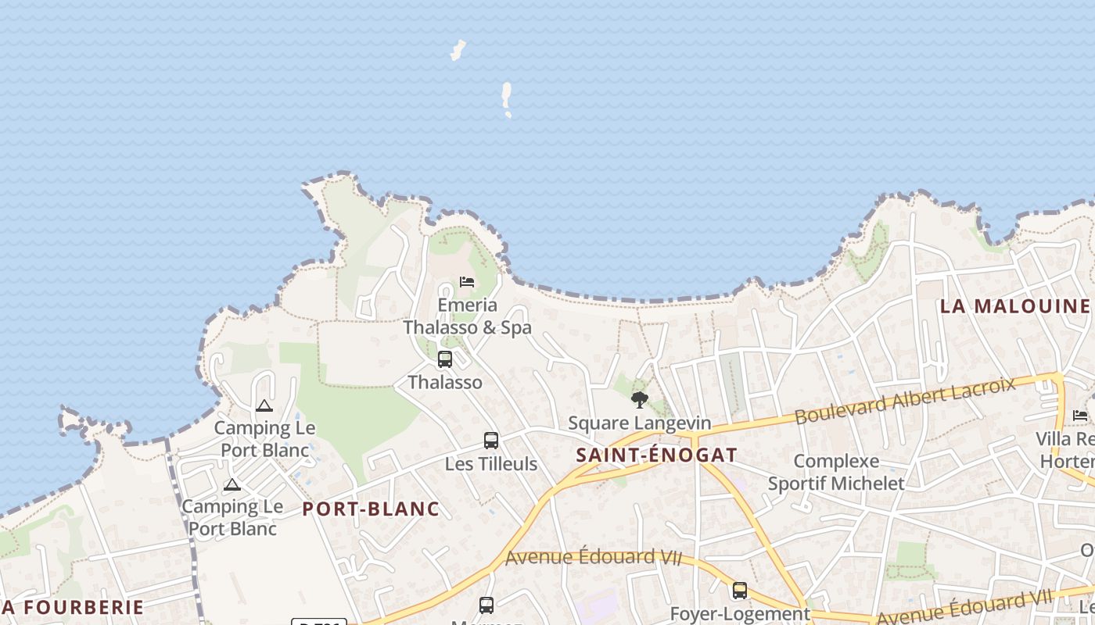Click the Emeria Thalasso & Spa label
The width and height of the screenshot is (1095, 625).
click(x=467, y=316)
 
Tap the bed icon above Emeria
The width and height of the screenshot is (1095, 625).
click(x=467, y=281)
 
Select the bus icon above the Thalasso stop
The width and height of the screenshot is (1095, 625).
click(x=445, y=359)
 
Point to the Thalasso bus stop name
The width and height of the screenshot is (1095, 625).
click(x=445, y=383)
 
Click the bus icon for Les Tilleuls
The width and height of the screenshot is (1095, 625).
click(x=491, y=441)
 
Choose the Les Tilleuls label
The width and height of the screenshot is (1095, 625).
click(x=491, y=464)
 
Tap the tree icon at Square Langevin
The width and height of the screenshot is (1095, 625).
click(x=640, y=400)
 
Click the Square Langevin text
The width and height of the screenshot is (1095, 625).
click(x=640, y=423)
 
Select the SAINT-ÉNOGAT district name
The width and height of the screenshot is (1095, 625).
click(x=657, y=455)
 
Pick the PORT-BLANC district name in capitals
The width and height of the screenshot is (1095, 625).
click(x=371, y=509)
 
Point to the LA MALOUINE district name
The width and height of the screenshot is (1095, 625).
click(x=1014, y=306)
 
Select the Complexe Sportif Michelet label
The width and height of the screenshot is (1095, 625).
click(x=836, y=472)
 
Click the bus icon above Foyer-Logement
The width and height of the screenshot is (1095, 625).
click(x=740, y=591)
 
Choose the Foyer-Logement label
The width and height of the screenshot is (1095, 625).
click(x=740, y=614)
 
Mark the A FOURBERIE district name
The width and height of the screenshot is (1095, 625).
click(x=73, y=607)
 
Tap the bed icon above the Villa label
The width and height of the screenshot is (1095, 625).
click(x=1080, y=415)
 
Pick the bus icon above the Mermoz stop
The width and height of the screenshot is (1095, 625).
click(x=486, y=605)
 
